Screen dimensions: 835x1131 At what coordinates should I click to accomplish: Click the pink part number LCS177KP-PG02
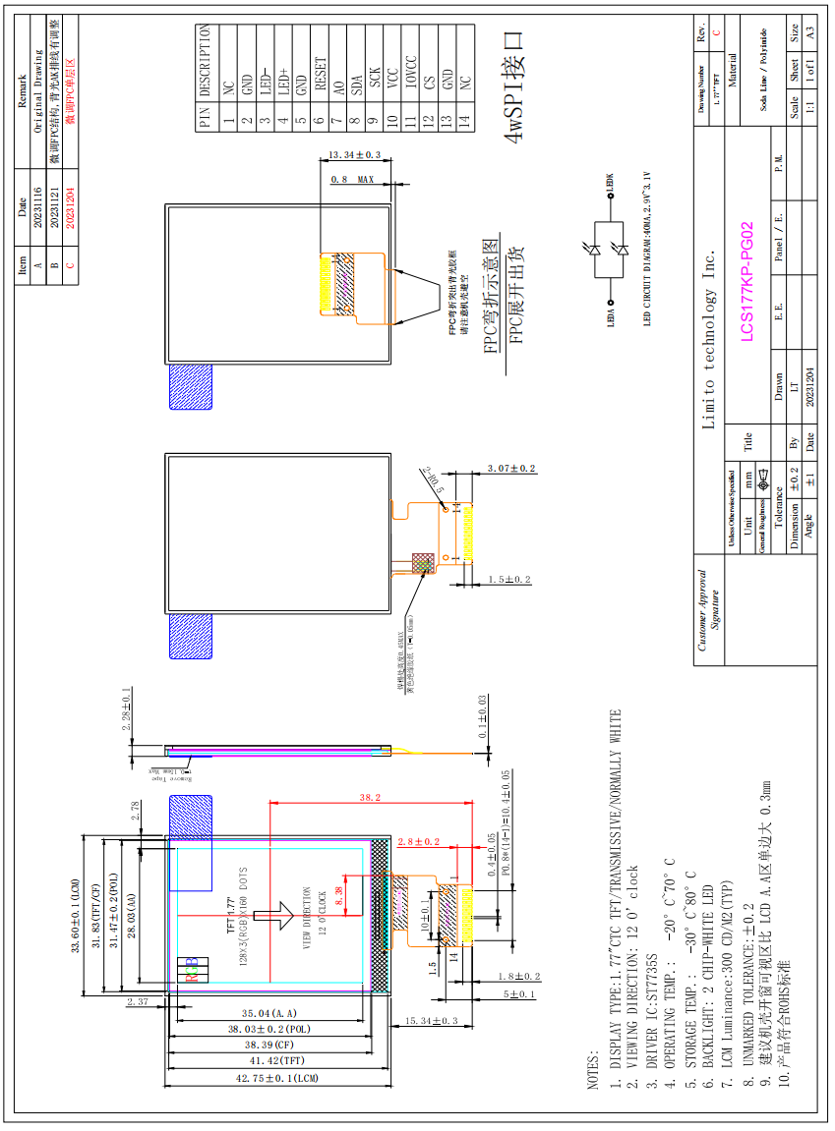[x=746, y=281]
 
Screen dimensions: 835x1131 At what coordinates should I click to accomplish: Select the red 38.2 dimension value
[x=370, y=797]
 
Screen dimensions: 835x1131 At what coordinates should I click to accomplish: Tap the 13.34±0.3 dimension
[x=355, y=155]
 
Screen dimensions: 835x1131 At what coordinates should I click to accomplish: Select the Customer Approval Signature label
[x=708, y=609]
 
